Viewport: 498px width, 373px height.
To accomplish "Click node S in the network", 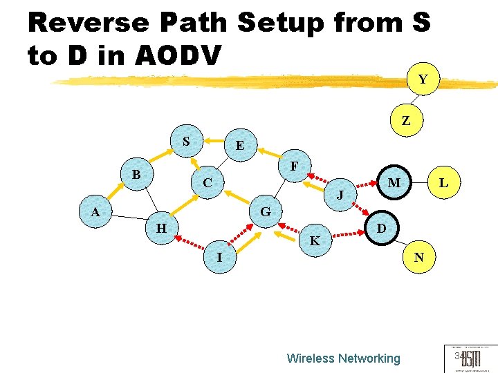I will point(186,142).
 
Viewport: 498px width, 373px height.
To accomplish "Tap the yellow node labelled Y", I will point(422,79).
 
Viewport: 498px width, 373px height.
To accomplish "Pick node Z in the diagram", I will point(406,121).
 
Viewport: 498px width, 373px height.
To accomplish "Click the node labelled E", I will point(239,146).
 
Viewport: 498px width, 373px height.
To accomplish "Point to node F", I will point(295,166).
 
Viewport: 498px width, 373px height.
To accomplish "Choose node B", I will point(136,175).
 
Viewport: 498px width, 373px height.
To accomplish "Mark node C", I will point(207,184).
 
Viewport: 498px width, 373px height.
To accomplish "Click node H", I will point(160,228).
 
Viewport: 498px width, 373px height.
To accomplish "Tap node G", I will point(266,211).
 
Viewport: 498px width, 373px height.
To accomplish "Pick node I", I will point(219,258).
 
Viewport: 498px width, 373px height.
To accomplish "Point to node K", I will point(315,241).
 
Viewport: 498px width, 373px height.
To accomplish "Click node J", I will point(340,195).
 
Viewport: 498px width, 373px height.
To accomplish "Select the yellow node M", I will point(394,183).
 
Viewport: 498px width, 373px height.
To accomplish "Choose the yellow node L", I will point(443,183).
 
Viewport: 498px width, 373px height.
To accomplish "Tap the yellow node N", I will point(418,258).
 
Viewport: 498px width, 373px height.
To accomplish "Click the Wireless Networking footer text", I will point(343,358).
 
